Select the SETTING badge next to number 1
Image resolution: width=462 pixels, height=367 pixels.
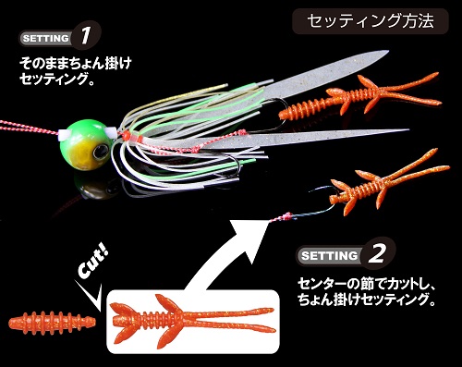44,39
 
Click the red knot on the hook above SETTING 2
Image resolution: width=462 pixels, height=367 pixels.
286,216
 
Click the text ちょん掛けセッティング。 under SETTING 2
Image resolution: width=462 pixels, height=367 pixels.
365,300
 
